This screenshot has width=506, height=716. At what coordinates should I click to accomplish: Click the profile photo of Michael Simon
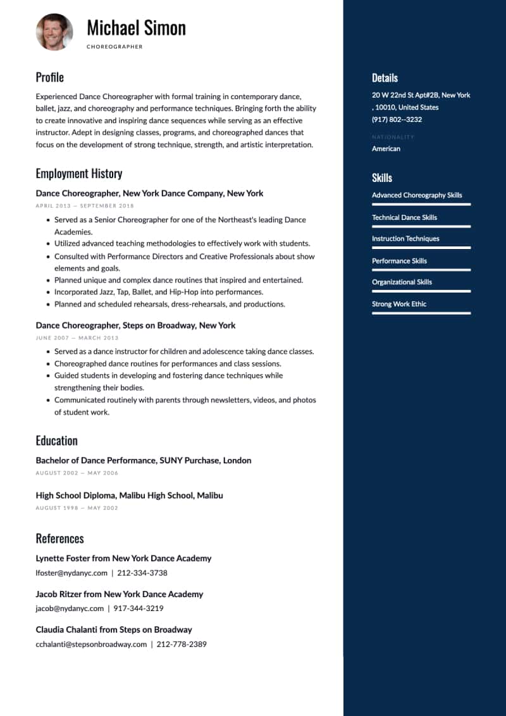coord(54,32)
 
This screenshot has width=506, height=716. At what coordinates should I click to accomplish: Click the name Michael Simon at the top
coord(136,28)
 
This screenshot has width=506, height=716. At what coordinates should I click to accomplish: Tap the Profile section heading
coord(49,77)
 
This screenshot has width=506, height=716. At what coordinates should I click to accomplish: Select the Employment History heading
coord(78,173)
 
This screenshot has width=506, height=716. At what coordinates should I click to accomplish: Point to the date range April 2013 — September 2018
coord(85,205)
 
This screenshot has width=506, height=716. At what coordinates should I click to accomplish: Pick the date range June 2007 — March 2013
coord(77,338)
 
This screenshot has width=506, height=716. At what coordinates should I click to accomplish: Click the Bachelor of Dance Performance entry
coord(143,461)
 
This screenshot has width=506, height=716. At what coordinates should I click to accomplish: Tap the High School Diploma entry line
coord(129,495)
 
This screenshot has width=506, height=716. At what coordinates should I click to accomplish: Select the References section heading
coord(59,538)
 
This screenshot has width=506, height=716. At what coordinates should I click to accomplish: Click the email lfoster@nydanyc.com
coord(71,573)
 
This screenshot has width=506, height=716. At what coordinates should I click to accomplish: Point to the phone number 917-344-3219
coord(139,609)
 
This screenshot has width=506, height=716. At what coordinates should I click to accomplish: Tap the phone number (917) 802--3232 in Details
coord(397,119)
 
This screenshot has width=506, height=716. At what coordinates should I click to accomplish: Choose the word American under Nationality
coord(386,149)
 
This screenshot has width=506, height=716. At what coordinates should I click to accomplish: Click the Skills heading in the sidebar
coord(381,178)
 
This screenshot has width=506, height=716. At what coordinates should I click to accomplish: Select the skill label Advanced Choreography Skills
coord(417,195)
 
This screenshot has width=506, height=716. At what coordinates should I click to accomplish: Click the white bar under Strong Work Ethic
coord(421,313)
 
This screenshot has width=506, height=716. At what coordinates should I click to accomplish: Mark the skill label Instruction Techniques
coord(405,239)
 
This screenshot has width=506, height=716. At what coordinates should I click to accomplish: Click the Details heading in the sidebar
coord(385,78)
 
